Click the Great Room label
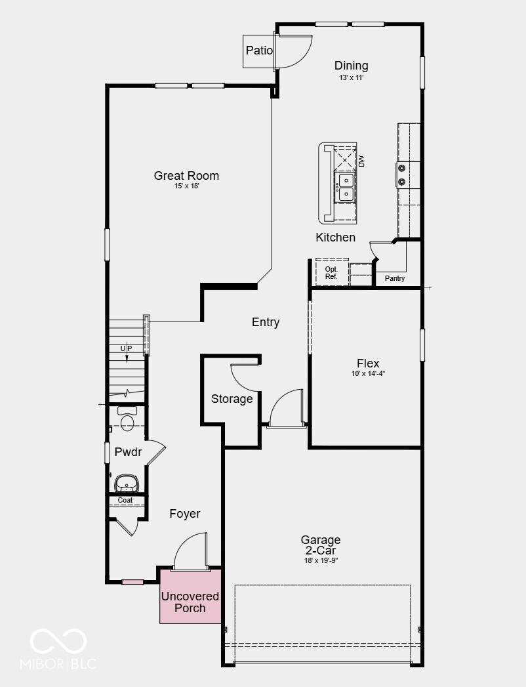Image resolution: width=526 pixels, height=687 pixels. coord(186,176)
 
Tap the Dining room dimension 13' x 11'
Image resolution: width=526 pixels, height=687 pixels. coord(352,77)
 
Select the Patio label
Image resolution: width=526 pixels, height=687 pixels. coord(259,51)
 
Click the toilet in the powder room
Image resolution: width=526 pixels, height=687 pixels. coord(127,419)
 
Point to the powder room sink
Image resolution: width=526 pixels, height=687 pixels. coord(127,484)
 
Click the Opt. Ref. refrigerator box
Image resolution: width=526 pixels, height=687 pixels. coord(332,272)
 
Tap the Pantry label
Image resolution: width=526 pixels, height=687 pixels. coord(395,278)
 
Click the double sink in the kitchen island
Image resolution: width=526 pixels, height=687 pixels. coord(346,187)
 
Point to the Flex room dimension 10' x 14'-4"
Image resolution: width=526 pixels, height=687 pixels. coord(368,374)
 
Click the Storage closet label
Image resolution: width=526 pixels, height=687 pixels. coord(232,399)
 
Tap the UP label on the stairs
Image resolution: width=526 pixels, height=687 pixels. coord(126,348)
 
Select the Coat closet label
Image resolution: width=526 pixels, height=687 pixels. coord(125,500)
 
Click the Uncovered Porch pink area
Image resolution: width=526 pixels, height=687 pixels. coord(190,596)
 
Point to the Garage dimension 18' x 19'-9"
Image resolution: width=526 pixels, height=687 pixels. coord(321,560)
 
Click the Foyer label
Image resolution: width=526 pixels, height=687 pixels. coord(185,514)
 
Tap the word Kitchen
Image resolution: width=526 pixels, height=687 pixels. coord(336,238)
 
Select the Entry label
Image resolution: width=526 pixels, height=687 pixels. coord(266,322)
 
